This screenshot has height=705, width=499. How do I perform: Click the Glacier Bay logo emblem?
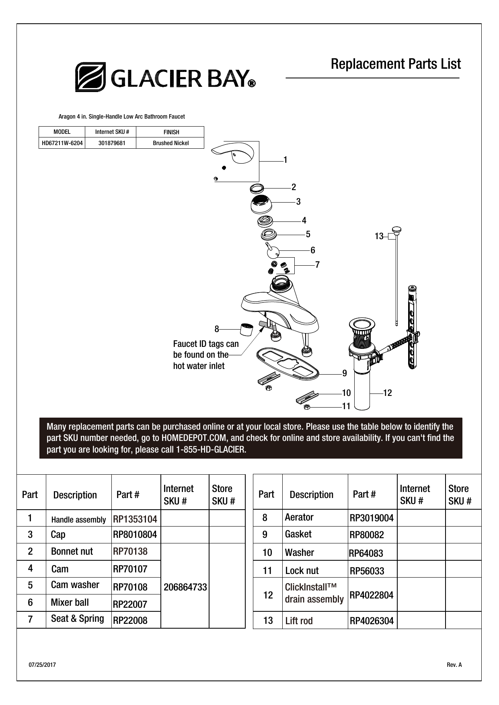pos(90,77)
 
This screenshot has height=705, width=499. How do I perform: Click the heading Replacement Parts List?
pos(396,64)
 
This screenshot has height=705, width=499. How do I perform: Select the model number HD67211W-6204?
pos(62,143)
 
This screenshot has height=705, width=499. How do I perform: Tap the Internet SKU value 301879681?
pos(112,143)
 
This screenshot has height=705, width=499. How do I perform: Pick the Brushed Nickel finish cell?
pos(170,143)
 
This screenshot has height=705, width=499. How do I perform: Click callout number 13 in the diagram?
pos(379,237)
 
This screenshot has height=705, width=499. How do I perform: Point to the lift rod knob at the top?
pos(397,230)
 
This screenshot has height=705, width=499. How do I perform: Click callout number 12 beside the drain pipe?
pos(387,393)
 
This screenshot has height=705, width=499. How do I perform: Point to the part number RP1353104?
pos(135,519)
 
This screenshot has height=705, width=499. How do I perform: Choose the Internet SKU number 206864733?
pos(185,587)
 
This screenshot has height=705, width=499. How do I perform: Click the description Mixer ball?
pos(70,602)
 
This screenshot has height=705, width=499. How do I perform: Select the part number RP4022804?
pos(372,595)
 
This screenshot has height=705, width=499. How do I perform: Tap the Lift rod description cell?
pos(299,621)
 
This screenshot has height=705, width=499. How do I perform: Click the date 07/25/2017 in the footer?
pos(42,665)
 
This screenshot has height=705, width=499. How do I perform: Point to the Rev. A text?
pos(454,665)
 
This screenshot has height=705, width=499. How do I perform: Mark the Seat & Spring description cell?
pos(77,619)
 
